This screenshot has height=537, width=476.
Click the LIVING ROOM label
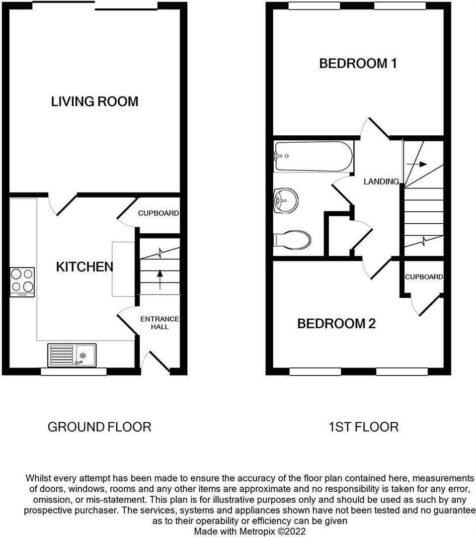click(94, 101)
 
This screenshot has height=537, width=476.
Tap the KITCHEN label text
click(84, 267)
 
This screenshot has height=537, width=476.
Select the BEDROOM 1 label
click(358, 63)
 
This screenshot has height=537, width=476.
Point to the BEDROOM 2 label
click(336, 323)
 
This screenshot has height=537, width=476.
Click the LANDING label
click(381, 181)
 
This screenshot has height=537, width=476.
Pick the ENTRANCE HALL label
click(159, 323)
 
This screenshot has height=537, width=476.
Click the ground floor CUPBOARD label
click(159, 213)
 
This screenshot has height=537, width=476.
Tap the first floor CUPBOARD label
click(424, 277)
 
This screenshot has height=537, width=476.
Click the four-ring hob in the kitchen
click(22, 282)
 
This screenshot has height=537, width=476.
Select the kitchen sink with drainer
click(72, 356)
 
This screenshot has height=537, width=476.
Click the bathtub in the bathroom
click(313, 157)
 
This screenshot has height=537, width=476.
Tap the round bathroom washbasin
click(286, 200)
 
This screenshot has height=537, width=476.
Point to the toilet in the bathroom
click(292, 239)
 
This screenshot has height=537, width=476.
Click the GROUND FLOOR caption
click(99, 427)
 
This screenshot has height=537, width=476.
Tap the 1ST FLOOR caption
click(363, 427)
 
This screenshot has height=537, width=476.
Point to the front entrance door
click(156, 361)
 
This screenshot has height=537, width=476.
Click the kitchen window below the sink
click(74, 371)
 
